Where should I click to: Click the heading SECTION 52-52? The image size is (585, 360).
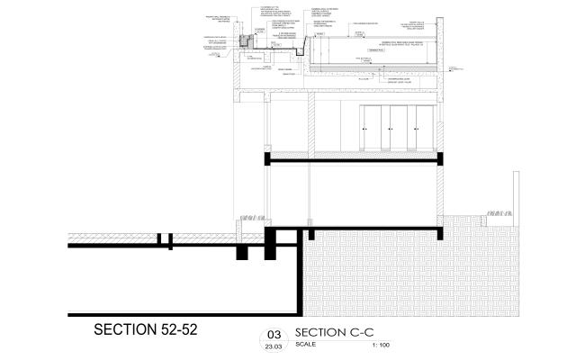click(145, 330)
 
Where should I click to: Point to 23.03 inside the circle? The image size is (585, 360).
click(273, 345)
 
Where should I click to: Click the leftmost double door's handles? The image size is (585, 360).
click(364, 130)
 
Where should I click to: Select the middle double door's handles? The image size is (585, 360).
click(392, 130)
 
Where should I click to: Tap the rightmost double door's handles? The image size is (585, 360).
click(420, 130)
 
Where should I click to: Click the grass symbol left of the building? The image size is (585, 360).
click(250, 217)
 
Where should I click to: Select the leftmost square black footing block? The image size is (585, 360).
click(241, 252)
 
